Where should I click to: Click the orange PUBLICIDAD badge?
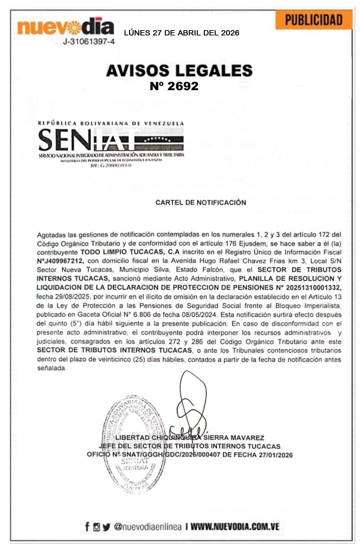(x=314, y=20)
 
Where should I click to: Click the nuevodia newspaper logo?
(x=66, y=27)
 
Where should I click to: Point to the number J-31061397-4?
(x=89, y=42)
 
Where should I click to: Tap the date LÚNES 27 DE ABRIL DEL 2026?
(x=182, y=33)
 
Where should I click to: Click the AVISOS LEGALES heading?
(x=179, y=70)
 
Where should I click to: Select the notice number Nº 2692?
(x=174, y=86)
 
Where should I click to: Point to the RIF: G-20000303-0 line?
(x=111, y=165)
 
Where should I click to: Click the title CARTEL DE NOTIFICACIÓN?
(x=201, y=202)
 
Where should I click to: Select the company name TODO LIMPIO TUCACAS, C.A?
(x=130, y=252)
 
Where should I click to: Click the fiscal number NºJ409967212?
(x=60, y=261)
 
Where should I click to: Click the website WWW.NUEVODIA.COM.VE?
(x=235, y=526)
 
